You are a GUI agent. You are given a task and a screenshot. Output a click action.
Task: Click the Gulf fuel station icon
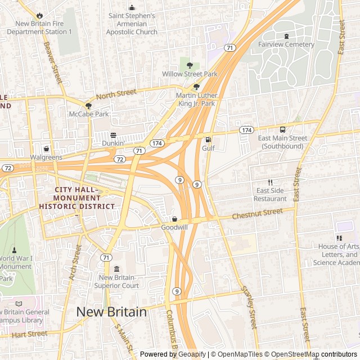click(x=208, y=139)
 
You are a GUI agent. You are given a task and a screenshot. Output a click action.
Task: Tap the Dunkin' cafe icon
click(x=113, y=135)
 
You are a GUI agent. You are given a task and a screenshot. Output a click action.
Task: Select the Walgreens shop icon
click(x=46, y=149)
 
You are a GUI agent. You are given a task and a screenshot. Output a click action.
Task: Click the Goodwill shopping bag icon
click(x=174, y=219)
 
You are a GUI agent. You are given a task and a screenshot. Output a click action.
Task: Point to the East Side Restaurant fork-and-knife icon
click(x=270, y=182)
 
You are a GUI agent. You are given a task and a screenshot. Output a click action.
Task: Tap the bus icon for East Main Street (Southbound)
click(x=282, y=129)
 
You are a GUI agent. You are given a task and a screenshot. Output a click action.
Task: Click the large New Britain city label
click(x=111, y=312)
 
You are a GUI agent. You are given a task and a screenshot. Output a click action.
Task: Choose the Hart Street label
click(x=29, y=335)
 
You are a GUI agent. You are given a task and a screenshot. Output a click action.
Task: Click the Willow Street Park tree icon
click(x=190, y=65)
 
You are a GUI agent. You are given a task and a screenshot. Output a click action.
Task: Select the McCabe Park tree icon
click(x=88, y=105)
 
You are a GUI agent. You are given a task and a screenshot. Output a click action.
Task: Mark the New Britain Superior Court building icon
click(x=116, y=269)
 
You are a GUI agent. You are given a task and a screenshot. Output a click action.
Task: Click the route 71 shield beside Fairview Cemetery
click(x=229, y=48)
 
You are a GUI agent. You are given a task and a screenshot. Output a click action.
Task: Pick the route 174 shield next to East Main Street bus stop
click(x=246, y=130)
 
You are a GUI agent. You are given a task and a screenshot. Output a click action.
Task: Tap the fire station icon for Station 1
click(x=39, y=15)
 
